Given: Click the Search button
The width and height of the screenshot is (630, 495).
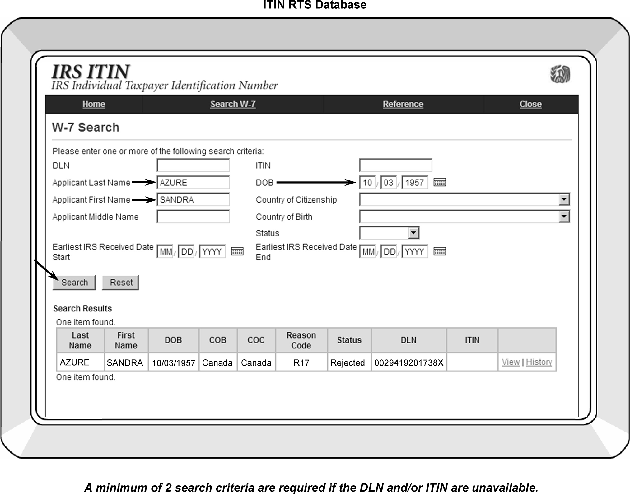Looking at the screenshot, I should tap(74, 283).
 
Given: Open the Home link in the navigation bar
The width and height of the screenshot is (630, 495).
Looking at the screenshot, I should tap(94, 104).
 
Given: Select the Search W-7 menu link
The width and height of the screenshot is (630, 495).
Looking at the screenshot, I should tap(233, 104).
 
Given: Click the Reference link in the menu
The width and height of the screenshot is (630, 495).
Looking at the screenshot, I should tap(403, 104).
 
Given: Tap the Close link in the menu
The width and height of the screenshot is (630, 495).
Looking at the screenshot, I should tap(530, 104).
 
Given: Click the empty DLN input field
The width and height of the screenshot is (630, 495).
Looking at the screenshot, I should tap(193, 166).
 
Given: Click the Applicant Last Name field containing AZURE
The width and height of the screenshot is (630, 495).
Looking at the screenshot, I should tap(193, 183).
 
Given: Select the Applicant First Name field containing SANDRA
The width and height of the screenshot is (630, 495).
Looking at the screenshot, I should tap(193, 200).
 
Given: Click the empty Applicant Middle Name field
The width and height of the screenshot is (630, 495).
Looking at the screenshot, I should tap(193, 217).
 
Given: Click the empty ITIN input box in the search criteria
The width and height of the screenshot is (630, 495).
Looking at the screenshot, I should tap(395, 166).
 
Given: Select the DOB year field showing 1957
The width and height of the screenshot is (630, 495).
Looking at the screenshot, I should tap(414, 183).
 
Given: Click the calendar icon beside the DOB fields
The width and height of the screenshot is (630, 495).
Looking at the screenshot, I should tap(440, 183).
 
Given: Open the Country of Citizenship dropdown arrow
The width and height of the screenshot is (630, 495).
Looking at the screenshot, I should tap(564, 199).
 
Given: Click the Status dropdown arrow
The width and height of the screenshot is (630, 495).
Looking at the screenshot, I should tap(413, 233).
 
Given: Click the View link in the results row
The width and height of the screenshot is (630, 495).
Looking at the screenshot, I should tap(511, 362).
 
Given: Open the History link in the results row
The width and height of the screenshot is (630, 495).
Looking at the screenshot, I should tap(539, 362).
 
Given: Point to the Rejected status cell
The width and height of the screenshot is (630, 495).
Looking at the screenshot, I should tap(348, 363).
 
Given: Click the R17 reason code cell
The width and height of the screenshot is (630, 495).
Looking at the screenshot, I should tap(301, 363).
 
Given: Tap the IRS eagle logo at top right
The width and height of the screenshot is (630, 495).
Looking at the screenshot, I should tap(560, 74).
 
